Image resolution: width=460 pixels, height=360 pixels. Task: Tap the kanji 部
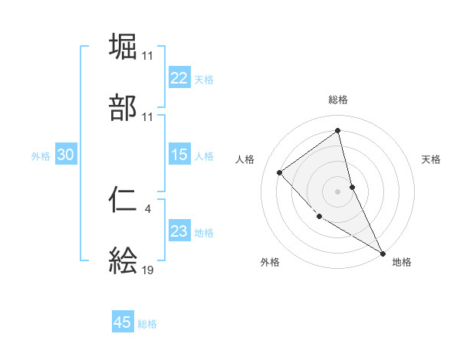click(123, 108)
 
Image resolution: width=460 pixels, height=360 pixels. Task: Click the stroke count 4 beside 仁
click(148, 207)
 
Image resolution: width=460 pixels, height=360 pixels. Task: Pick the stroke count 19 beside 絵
click(148, 269)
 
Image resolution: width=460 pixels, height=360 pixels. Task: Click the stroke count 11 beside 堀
click(148, 55)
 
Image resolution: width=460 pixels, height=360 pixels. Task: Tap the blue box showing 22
click(179, 78)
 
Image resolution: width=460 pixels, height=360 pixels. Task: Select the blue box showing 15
click(179, 155)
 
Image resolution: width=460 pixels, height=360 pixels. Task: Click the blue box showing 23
click(179, 231)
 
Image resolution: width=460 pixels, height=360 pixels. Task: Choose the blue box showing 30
click(66, 155)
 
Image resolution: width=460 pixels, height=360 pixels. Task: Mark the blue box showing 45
click(123, 322)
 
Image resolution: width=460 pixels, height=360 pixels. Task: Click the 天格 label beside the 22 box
click(204, 79)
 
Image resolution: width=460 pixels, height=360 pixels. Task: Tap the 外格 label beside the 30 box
click(41, 156)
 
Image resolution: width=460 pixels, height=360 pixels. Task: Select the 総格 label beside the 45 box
click(147, 324)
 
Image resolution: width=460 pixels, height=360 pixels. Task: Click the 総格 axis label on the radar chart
click(338, 100)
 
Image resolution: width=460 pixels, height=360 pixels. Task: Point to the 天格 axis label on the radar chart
click(432, 159)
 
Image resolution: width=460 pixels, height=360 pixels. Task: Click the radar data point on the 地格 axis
click(383, 253)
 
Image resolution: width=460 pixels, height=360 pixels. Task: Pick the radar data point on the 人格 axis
click(280, 172)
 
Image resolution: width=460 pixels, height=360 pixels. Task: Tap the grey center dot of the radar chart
click(338, 191)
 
